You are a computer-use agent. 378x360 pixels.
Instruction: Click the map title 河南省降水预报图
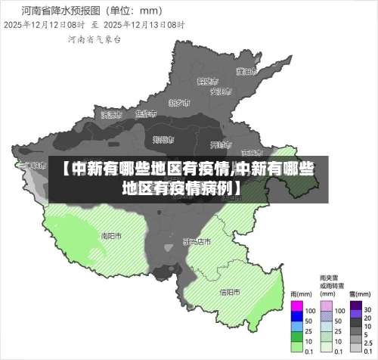(x=50, y=11)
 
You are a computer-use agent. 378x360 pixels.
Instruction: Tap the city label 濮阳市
(x=243, y=72)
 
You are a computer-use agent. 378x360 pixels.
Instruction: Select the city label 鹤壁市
(x=206, y=80)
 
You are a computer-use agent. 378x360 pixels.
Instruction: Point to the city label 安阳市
(x=220, y=92)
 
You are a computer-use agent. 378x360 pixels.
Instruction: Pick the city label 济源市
(x=111, y=115)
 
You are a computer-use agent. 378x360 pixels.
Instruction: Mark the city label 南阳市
(x=112, y=235)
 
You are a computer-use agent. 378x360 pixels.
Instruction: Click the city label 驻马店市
(x=197, y=242)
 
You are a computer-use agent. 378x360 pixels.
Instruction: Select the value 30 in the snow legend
(x=367, y=310)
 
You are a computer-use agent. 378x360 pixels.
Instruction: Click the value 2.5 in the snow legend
(x=368, y=340)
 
